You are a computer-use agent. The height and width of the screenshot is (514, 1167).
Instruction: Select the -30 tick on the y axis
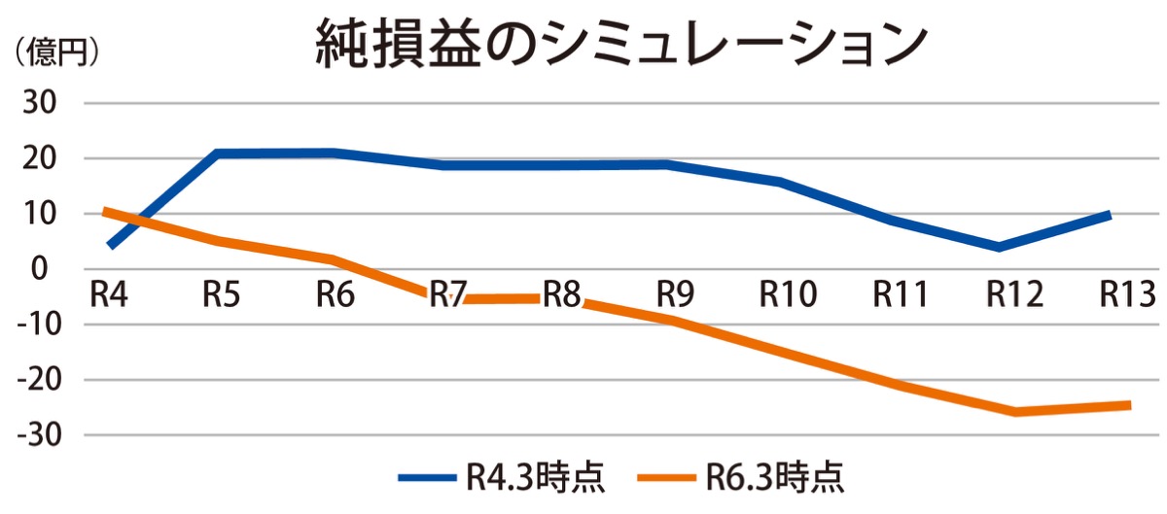[38, 435]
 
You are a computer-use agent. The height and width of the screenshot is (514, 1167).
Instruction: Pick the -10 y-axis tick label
[38, 325]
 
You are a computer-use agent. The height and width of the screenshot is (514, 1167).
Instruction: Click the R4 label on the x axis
[109, 293]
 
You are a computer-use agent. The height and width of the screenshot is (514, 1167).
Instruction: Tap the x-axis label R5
[223, 293]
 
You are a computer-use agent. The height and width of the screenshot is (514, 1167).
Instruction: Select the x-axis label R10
[788, 293]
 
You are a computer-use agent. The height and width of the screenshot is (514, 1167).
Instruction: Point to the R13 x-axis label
[1126, 293]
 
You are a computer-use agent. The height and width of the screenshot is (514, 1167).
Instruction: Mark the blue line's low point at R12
[999, 247]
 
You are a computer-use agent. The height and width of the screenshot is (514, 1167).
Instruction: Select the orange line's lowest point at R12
[1014, 412]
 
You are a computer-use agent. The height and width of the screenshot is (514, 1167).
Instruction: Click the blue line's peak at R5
[216, 154]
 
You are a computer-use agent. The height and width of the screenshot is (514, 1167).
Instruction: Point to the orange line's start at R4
[106, 211]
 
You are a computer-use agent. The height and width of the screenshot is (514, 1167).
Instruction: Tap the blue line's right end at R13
[1109, 214]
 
